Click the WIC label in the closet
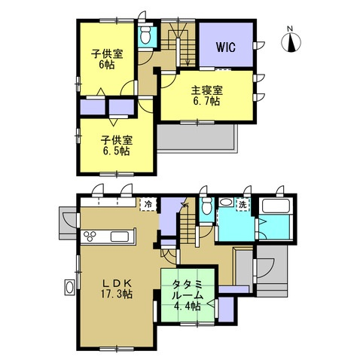tap(226, 47)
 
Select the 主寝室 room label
tap(207, 90)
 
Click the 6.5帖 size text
tap(116, 151)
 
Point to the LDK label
tap(117, 283)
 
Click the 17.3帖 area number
tap(117, 294)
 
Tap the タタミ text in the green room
tap(188, 285)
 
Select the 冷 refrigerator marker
tap(148, 204)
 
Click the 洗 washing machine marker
tap(243, 205)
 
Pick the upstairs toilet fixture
tap(145, 35)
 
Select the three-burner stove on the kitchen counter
tap(90, 236)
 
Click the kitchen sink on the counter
tap(120, 236)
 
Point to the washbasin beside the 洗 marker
tap(227, 203)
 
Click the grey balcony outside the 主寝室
tap(197, 138)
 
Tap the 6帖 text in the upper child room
tap(106, 65)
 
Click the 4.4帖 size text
tap(188, 306)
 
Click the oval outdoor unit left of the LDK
tap(69, 287)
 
